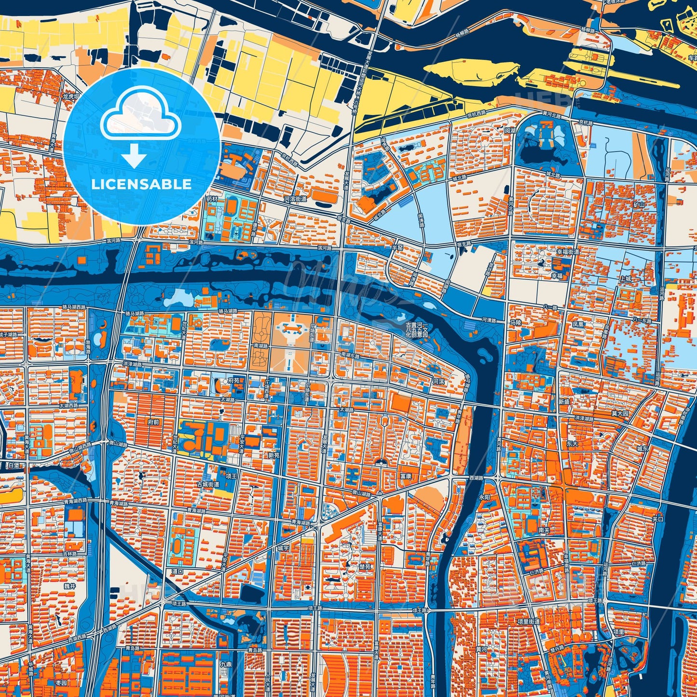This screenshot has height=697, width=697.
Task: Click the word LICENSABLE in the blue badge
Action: click(x=141, y=184)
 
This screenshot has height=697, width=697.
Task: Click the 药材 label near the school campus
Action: click(x=212, y=199)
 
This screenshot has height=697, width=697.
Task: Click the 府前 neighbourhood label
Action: click(x=154, y=422)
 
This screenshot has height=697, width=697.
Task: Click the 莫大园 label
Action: click(x=620, y=413)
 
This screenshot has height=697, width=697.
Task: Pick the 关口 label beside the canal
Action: click(x=658, y=519)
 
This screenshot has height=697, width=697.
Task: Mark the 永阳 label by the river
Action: click(x=484, y=496)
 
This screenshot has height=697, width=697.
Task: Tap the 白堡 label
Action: click(x=14, y=465)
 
